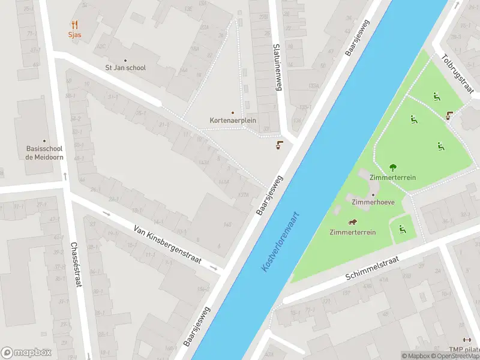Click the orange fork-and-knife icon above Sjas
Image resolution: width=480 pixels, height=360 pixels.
pyautogui.click(x=74, y=25)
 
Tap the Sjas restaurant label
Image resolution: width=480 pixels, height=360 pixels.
pyautogui.click(x=74, y=35)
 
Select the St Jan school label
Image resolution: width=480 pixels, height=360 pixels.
pyautogui.click(x=125, y=68)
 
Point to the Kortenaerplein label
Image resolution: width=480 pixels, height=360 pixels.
pyautogui.click(x=233, y=120)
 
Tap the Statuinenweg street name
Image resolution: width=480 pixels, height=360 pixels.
pyautogui.click(x=277, y=67)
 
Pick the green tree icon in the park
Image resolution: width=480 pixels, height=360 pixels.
pyautogui.click(x=393, y=167)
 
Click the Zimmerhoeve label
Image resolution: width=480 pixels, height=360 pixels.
pyautogui.click(x=373, y=202)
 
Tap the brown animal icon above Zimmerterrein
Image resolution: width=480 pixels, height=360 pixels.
pyautogui.click(x=353, y=222)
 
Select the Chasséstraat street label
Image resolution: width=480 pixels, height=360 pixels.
pyautogui.click(x=76, y=264)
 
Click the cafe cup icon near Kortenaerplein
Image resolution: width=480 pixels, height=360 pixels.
pyautogui.click(x=279, y=145)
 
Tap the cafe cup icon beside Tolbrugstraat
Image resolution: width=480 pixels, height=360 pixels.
pyautogui.click(x=449, y=115)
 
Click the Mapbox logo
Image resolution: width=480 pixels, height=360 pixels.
pyautogui.click(x=26, y=352)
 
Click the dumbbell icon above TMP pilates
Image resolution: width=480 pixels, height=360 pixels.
pyautogui.click(x=467, y=340)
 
